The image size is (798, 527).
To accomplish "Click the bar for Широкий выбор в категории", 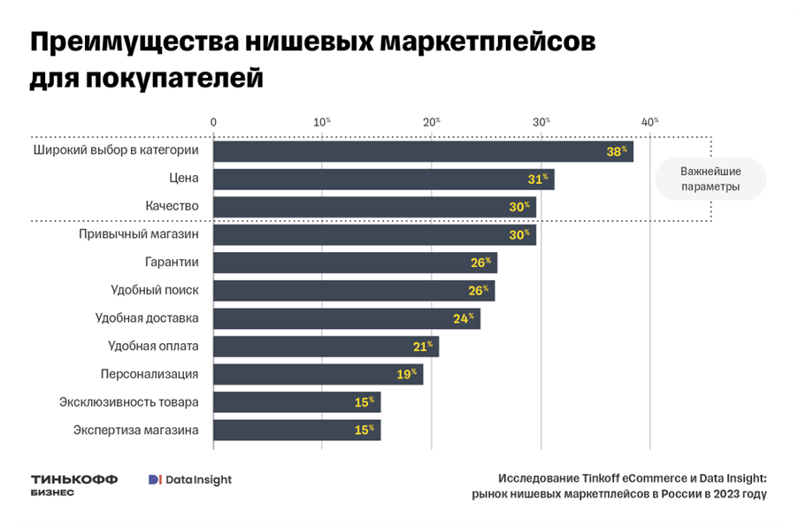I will point(423,151).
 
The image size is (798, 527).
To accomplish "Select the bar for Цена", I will point(383,179).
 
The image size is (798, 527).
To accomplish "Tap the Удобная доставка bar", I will point(346,318).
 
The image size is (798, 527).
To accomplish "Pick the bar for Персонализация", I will point(318,374).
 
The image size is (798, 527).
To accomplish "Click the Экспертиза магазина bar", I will point(296,431).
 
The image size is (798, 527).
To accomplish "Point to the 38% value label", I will point(616,151).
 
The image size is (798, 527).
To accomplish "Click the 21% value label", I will point(423,346).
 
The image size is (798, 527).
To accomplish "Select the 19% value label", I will point(407,374).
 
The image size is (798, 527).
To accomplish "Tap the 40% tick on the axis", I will point(650,121).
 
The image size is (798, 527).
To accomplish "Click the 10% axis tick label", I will point(322,121).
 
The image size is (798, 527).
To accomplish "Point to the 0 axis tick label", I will point(213,121).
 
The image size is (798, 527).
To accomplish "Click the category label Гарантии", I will point(172,263).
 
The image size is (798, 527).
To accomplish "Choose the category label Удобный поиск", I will point(155,290).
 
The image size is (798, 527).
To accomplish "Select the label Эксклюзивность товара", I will point(129,402).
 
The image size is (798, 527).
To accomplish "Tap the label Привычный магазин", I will point(138,234).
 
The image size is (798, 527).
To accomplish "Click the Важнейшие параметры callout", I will point(710,179).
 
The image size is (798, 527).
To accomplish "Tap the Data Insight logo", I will point(189,479).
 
